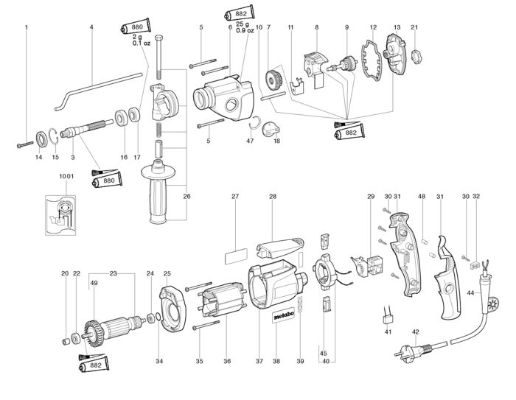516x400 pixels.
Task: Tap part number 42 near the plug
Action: pyautogui.click(x=416, y=331)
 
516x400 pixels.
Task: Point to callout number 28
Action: pyautogui.click(x=272, y=197)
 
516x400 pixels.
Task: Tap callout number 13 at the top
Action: pyautogui.click(x=397, y=27)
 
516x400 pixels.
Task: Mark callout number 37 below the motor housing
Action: pyautogui.click(x=259, y=362)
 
